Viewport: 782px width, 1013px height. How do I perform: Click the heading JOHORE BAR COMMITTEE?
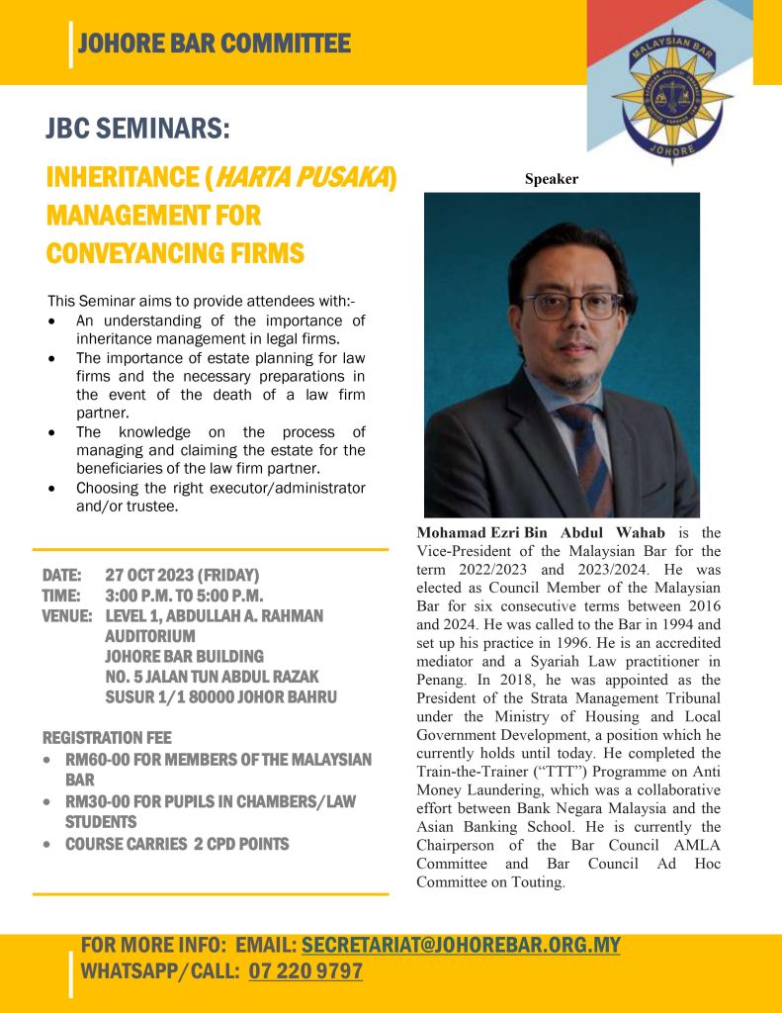214,44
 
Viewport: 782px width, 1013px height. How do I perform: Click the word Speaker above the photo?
551,179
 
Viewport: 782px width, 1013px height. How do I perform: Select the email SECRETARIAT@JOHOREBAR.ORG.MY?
461,945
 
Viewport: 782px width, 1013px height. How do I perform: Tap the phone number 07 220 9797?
305,971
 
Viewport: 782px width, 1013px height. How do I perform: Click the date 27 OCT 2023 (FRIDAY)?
182,575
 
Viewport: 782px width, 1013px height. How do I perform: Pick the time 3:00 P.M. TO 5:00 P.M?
183,596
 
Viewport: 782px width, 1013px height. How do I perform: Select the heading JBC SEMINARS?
137,129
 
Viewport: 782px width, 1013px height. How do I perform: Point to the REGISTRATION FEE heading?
107,738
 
